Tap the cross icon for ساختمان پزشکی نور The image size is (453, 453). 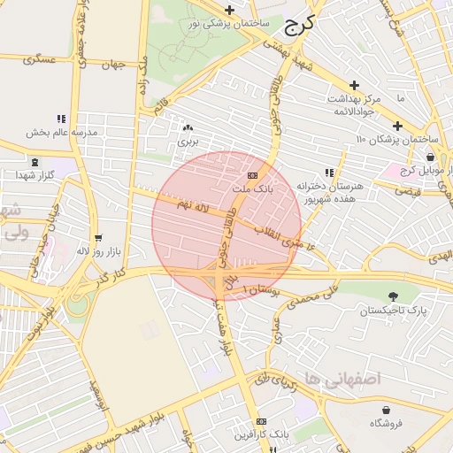click(230, 11)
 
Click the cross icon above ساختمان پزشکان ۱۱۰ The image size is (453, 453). click(397, 125)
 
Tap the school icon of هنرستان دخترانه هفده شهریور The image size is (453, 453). click(329, 173)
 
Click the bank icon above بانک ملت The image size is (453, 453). click(253, 174)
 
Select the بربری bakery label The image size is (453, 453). click(187, 141)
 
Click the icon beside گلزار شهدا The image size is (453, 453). click(35, 162)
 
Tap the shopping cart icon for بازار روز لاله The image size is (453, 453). click(97, 238)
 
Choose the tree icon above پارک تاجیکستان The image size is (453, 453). click(393, 296)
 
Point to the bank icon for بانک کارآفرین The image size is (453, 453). click(261, 421)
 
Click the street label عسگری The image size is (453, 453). click(40, 60)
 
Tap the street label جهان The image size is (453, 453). click(114, 65)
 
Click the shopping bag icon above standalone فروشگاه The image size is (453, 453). click(387, 409)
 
